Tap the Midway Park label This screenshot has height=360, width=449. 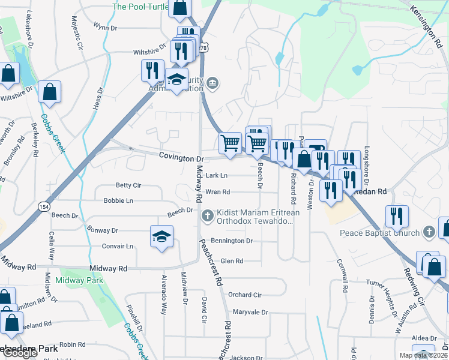[79, 280]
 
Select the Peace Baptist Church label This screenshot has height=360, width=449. [379, 233]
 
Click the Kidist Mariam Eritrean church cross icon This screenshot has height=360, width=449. [208, 215]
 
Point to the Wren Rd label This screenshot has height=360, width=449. [218, 192]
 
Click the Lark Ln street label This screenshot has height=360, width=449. [217, 176]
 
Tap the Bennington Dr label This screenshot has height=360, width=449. [232, 241]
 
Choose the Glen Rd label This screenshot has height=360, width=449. [232, 261]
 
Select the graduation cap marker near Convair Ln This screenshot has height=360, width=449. [162, 237]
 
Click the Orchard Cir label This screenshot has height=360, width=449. [244, 295]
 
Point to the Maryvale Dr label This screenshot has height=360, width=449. [250, 313]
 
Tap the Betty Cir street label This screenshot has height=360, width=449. [128, 185]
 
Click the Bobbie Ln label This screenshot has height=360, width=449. [118, 200]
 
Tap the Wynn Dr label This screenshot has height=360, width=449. [105, 27]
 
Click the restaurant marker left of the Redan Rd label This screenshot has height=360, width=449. [331, 189]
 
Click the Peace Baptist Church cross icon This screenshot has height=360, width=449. [429, 232]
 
